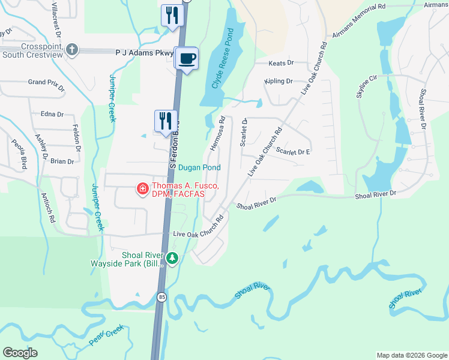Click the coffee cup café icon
tap(188, 58)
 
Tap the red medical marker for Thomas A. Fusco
tap(143, 190)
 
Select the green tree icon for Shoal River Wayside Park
tap(173, 259)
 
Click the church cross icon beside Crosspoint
tap(72, 49)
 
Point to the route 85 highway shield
tap(162, 296)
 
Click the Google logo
tap(20, 353)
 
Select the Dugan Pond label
tap(199, 168)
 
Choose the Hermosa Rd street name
tap(217, 133)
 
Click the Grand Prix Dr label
tap(46, 82)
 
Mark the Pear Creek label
tap(106, 334)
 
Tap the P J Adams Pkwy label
tap(144, 53)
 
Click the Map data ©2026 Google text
tap(411, 355)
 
